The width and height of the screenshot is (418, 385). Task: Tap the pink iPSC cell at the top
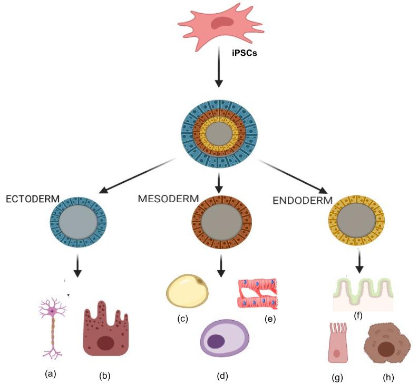click(x=220, y=24)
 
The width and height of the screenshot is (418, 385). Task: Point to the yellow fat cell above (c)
click(x=188, y=290)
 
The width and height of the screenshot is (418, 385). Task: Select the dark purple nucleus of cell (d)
click(x=216, y=341)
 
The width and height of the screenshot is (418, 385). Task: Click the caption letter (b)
click(x=105, y=376)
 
